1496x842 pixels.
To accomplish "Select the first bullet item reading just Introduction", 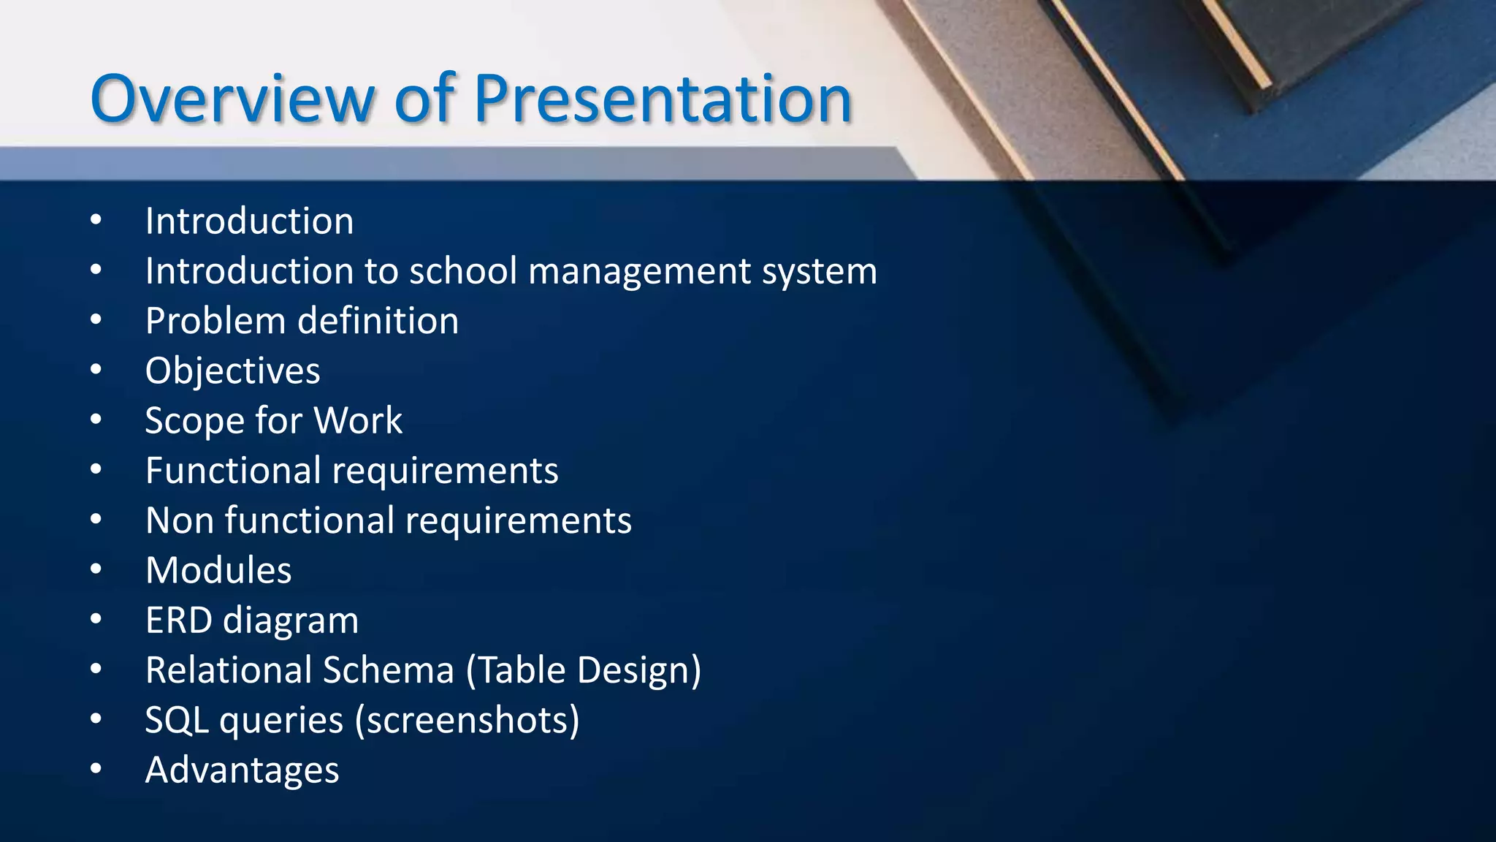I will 249,221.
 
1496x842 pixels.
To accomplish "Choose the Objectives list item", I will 232,371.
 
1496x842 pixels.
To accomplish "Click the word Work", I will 358,421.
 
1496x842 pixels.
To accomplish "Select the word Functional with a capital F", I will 232,471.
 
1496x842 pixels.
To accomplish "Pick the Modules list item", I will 218,571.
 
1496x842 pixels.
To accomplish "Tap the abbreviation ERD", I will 178,621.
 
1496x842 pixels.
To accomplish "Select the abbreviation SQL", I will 177,721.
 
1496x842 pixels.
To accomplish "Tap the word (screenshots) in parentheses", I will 467,721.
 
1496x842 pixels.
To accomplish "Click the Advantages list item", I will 242,770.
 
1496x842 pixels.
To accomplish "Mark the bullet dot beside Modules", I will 96,570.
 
